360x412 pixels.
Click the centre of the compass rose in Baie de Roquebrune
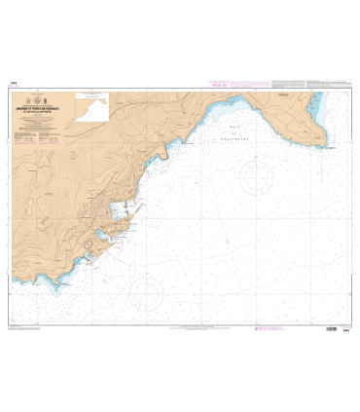(257, 175)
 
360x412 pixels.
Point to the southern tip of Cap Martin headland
(320, 147)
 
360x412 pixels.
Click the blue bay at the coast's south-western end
(87, 260)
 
